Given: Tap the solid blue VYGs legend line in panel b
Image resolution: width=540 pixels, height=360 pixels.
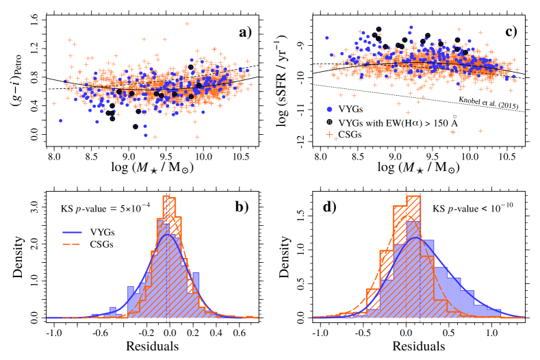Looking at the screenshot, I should tap(70, 233).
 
